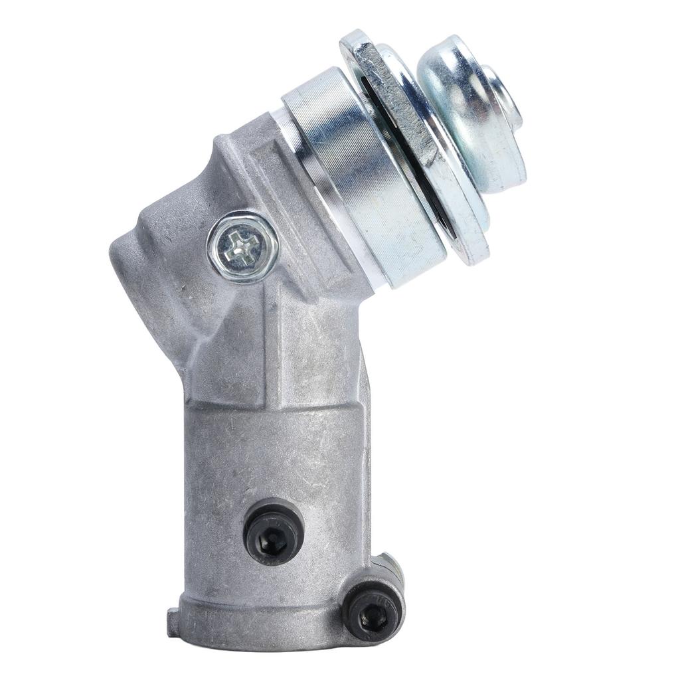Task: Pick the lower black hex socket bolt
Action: pos(371,612)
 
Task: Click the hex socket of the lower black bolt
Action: pos(373,614)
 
